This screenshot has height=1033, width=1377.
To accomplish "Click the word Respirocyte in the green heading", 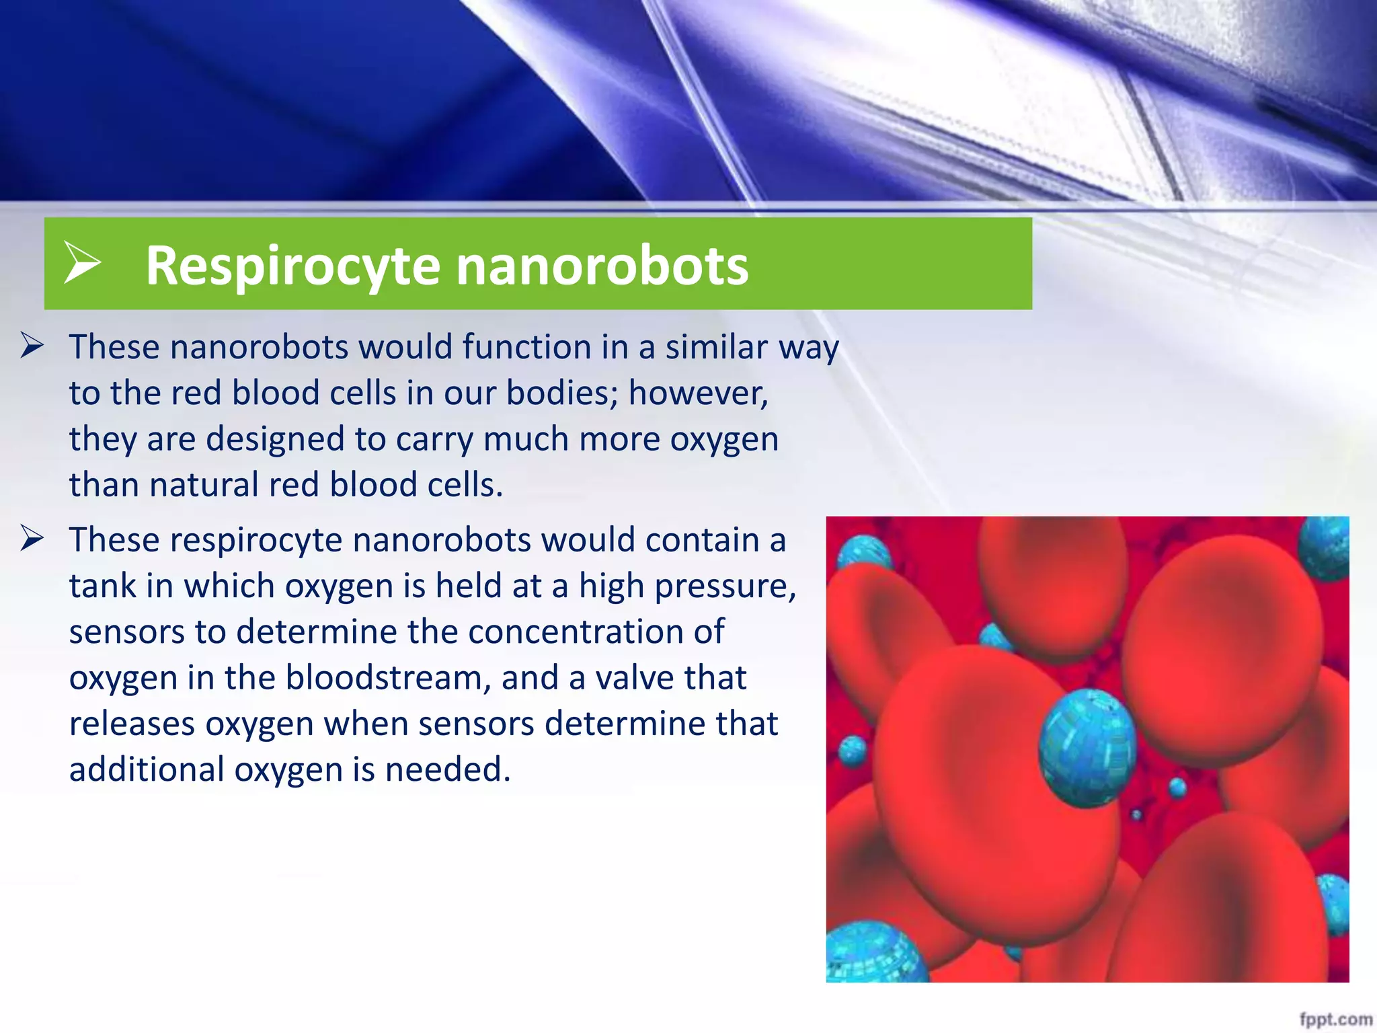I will tap(292, 266).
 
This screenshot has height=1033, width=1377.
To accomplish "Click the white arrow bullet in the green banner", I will tap(82, 263).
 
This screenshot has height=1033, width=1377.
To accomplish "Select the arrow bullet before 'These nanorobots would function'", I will tap(32, 346).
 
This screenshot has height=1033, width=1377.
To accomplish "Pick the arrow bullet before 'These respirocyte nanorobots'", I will tap(32, 539).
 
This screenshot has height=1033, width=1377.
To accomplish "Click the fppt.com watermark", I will tap(1335, 1018).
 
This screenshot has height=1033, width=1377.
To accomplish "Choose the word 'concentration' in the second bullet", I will tap(596, 632).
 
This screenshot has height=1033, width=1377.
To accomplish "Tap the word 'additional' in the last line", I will tap(147, 769).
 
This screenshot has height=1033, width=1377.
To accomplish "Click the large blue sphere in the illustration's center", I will tap(1087, 747).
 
